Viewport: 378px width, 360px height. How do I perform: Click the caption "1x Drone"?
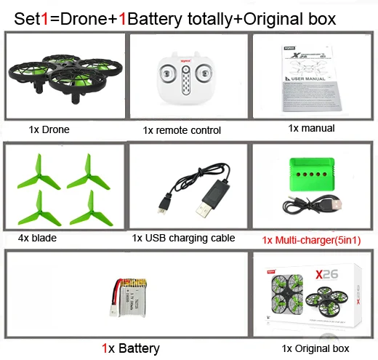tap(49, 129)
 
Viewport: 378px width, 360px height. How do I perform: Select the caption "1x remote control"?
tap(182, 130)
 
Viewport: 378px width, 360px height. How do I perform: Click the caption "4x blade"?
tap(36, 237)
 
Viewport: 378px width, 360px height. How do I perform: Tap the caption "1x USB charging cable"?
tap(183, 237)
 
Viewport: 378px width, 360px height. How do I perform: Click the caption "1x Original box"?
tap(315, 348)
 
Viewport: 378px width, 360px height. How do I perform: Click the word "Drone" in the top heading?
tap(87, 19)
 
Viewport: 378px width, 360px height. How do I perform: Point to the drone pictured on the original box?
tap(331, 303)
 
